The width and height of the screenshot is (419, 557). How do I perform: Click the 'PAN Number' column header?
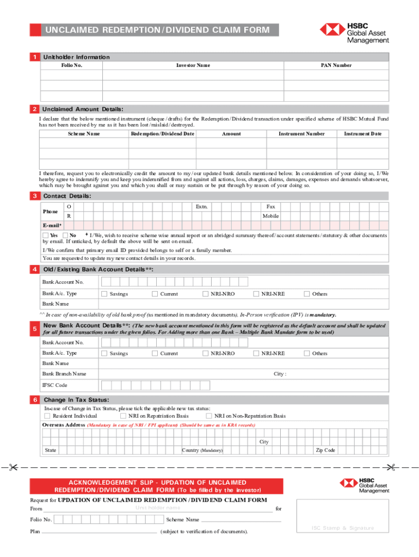[335, 65]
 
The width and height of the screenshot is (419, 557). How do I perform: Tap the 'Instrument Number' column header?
[301, 134]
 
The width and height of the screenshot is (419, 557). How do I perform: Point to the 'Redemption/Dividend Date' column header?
[162, 134]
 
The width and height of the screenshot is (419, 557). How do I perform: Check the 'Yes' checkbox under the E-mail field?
[45, 235]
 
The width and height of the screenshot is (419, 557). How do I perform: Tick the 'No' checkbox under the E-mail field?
[65, 235]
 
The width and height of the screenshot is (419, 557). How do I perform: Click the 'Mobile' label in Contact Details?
[270, 216]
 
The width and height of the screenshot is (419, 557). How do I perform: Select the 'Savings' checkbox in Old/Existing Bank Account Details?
[103, 294]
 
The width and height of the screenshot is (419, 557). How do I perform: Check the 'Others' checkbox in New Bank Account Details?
[306, 353]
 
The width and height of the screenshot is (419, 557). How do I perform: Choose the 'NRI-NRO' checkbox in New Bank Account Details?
[205, 353]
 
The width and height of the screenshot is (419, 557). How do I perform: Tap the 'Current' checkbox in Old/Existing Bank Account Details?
[155, 294]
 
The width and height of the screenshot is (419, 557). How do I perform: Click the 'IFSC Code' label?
[55, 385]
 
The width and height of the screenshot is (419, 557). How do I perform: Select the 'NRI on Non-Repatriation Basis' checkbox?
[209, 416]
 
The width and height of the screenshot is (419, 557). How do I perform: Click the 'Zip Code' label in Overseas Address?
[326, 450]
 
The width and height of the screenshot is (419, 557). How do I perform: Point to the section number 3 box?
[34, 196]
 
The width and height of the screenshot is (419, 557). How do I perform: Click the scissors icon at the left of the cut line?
[14, 467]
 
